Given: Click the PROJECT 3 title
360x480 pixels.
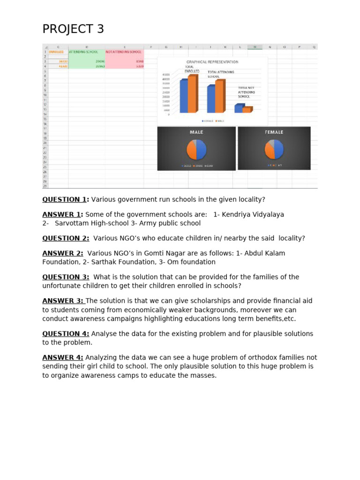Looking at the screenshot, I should [x=73, y=29].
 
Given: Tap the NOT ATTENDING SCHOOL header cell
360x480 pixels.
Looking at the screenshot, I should [x=124, y=52].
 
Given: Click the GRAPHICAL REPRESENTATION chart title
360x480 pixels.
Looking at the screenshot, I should [x=212, y=62].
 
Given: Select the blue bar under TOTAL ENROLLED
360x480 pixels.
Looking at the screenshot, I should [x=183, y=96].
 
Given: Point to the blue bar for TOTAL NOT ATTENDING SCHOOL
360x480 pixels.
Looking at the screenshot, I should [x=239, y=109].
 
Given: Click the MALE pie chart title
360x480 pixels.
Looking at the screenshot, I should [x=196, y=132].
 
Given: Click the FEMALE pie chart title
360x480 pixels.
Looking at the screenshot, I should [x=274, y=132].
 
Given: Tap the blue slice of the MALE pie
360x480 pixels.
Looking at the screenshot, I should [x=201, y=150].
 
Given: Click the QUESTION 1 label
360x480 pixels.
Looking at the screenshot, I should [x=65, y=200].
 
